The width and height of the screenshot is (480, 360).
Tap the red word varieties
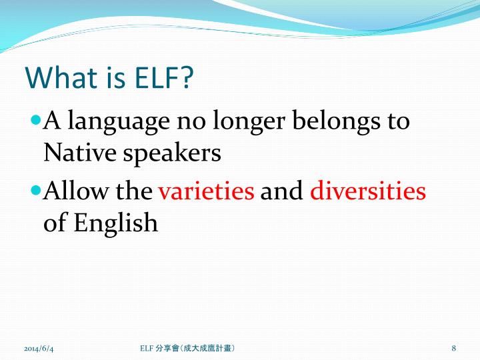point(206,191)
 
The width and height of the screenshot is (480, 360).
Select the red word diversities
point(368,191)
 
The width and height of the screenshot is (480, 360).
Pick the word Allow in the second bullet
point(73,191)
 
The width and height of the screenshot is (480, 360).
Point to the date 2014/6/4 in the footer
point(38,349)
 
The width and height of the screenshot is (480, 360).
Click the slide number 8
point(453,349)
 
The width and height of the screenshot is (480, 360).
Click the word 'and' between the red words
point(282,191)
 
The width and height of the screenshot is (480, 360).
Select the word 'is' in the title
point(109,78)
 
